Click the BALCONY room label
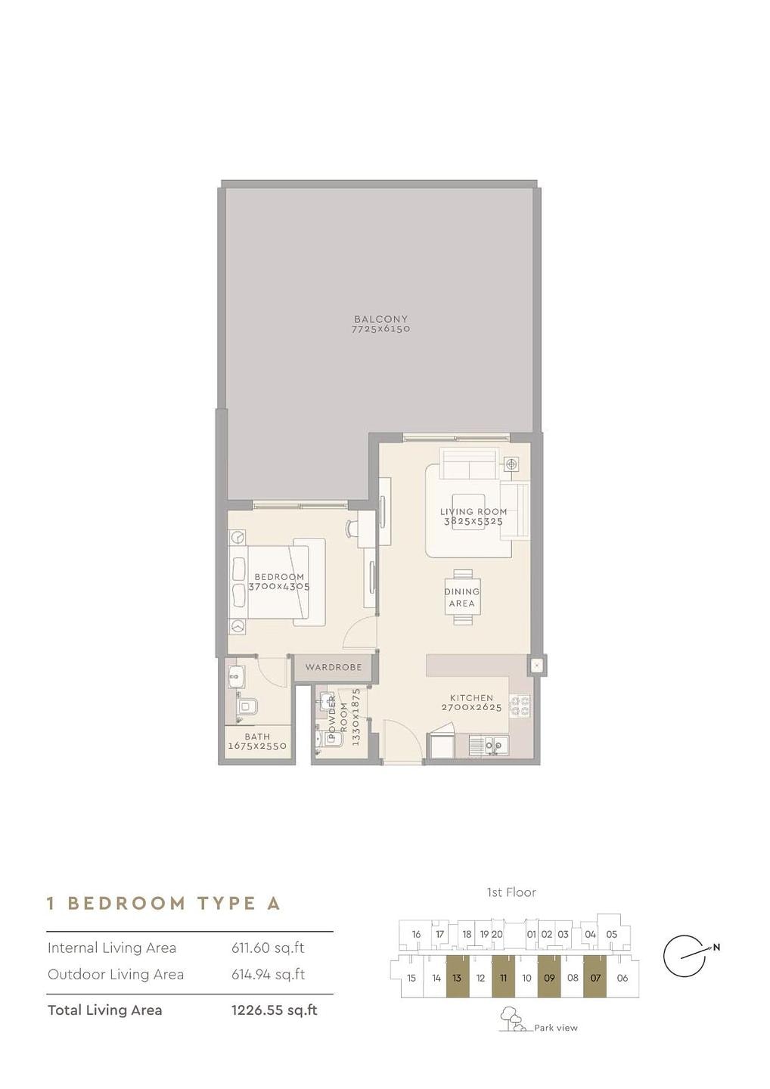click(x=380, y=319)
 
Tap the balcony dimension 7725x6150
click(x=380, y=329)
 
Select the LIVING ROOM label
click(x=473, y=511)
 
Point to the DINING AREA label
click(x=461, y=597)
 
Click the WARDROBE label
click(x=334, y=667)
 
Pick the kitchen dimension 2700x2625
click(x=471, y=707)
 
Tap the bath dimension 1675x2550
click(x=258, y=746)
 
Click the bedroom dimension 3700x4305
click(x=279, y=586)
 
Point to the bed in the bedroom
click(x=277, y=582)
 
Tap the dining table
click(x=462, y=597)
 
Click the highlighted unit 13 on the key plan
click(x=457, y=978)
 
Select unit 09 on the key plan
click(x=549, y=978)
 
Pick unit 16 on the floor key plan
click(x=416, y=934)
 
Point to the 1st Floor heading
click(x=511, y=892)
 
